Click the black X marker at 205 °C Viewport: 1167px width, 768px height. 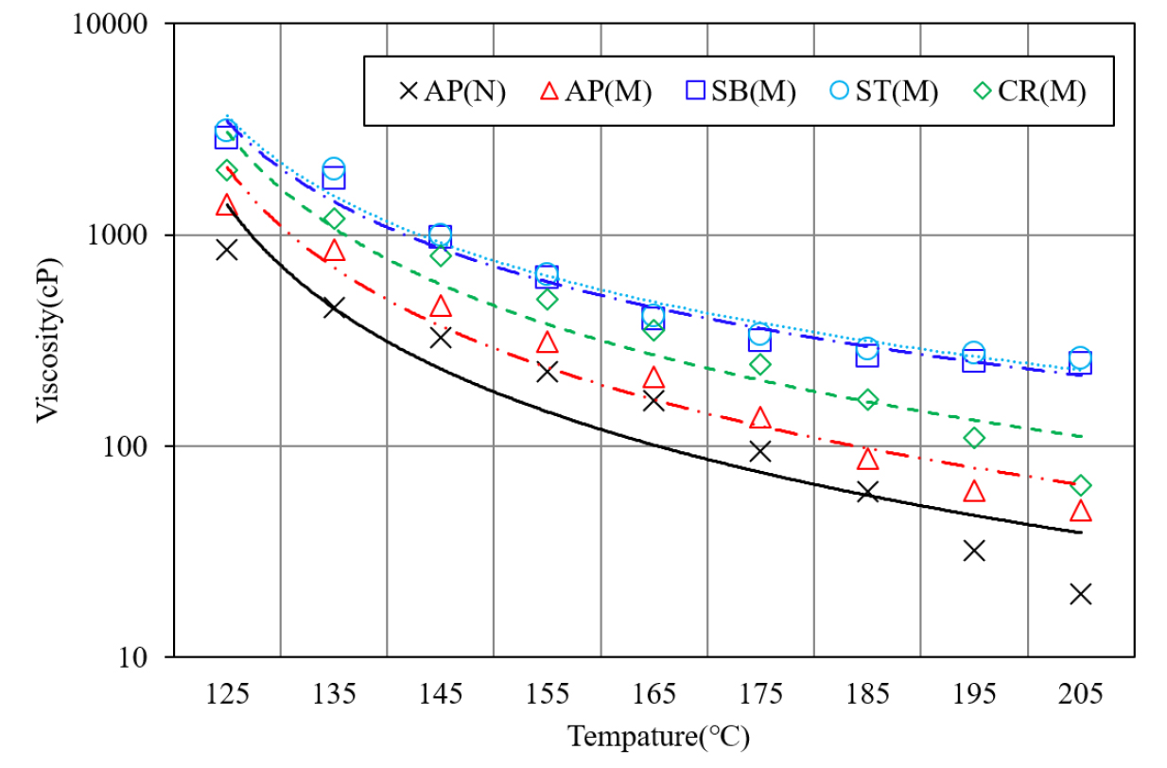(x=1081, y=594)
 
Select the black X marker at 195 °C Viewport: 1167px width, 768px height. (x=974, y=550)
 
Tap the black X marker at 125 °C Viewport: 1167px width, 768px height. (x=227, y=250)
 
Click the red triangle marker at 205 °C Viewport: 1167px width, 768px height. (x=1081, y=512)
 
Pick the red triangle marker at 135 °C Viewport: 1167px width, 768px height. (x=334, y=251)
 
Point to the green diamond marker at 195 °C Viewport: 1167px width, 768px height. (x=974, y=438)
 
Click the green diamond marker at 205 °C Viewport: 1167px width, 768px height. (x=1081, y=485)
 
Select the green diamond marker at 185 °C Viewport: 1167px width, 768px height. (x=867, y=399)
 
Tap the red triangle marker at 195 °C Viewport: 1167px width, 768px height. (x=974, y=492)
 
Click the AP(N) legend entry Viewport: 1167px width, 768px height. (x=452, y=92)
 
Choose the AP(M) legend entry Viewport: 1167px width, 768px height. (x=597, y=92)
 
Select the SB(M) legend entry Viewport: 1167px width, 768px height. (x=741, y=92)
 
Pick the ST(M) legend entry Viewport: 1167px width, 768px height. (x=884, y=92)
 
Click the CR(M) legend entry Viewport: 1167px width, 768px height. (x=1030, y=92)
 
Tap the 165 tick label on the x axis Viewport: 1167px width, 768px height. (x=653, y=694)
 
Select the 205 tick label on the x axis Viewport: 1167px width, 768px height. (x=1081, y=694)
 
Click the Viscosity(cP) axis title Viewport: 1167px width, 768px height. (x=49, y=340)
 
